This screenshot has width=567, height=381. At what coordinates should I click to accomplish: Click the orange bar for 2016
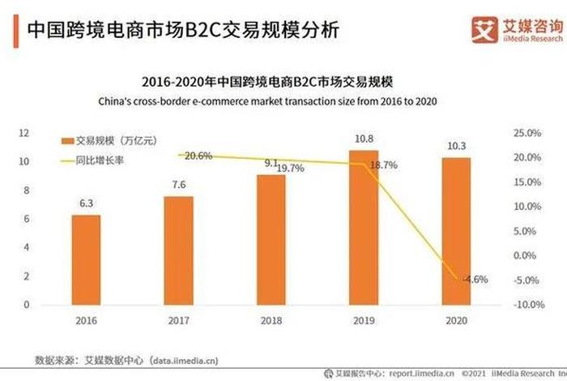(86, 259)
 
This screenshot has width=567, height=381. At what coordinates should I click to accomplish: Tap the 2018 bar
(271, 239)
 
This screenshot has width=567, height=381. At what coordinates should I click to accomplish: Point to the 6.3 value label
(86, 206)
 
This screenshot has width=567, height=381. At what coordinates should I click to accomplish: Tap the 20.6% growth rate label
(198, 156)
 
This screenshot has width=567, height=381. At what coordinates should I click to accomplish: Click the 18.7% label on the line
(383, 165)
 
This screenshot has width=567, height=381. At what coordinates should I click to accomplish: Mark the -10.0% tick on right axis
(526, 305)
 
